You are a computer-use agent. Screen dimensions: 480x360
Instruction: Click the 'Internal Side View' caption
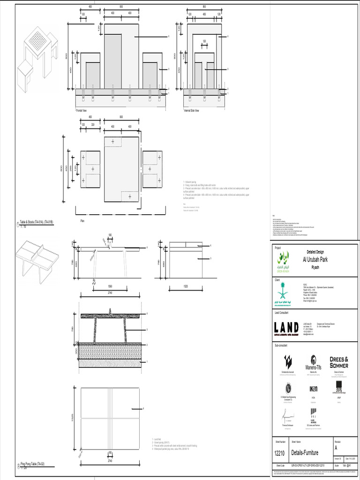191,111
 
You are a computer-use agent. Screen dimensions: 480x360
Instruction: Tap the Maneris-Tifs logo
314,364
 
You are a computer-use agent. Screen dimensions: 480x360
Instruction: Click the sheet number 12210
280,453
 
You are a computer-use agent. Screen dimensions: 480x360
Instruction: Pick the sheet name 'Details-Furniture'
305,453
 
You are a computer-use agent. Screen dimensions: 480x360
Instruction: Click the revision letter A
336,448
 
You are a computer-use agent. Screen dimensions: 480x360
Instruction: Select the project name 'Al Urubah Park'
315,259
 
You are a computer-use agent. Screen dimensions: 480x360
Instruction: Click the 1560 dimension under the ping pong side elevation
110,286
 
